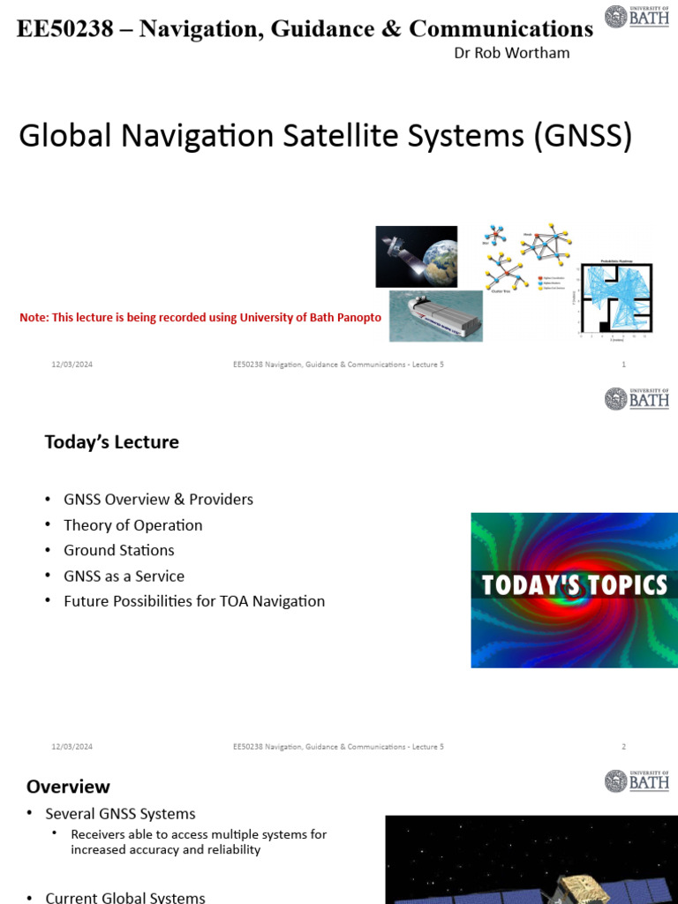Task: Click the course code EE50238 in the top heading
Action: [65, 29]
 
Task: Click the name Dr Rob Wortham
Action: [511, 53]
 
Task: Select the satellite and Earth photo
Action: [416, 256]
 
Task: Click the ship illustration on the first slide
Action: [436, 316]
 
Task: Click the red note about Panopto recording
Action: [200, 318]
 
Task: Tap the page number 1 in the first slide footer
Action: [624, 365]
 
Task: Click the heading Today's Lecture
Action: [112, 441]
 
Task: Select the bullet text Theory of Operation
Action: [133, 525]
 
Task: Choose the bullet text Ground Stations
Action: [119, 550]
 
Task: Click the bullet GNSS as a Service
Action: [124, 576]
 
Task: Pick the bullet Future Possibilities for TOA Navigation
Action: [194, 601]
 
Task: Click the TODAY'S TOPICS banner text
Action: [574, 584]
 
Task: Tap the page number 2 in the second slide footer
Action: [623, 747]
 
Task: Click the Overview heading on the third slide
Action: [68, 787]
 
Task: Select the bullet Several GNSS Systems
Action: [121, 813]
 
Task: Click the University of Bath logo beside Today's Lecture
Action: [637, 399]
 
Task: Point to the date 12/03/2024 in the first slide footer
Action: [72, 365]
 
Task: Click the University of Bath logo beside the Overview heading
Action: [637, 781]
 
